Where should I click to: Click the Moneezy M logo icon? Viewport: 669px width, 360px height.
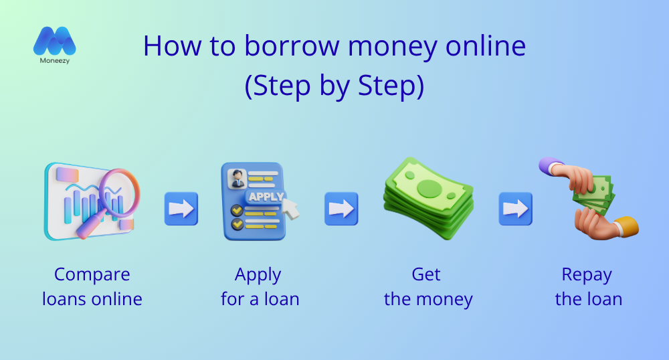55,41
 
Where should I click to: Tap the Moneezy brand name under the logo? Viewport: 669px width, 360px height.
55,61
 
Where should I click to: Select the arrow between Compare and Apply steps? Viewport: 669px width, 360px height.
181,209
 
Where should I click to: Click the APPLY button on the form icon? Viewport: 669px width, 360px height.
266,197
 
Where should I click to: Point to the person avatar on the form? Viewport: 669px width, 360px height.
235,179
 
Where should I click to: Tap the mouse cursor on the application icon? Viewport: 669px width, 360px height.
291,207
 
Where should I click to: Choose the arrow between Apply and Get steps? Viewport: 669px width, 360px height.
341,209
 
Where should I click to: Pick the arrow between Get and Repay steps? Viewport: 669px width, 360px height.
515,209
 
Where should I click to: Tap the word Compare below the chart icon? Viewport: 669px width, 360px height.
92,274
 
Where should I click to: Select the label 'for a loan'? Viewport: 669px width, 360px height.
260,298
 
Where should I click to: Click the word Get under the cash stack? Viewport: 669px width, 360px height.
427,274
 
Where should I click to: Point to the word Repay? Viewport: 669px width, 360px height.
587,275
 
